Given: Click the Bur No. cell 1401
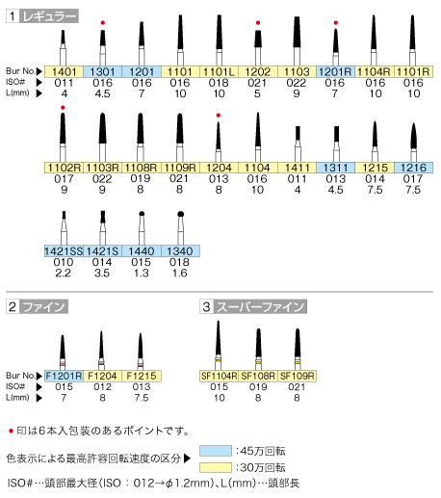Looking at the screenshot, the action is pos(64,71).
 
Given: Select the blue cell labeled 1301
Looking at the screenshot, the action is pos(103,71).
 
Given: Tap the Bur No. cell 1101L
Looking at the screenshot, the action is pos(219,71).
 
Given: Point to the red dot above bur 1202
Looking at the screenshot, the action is pos(258,23).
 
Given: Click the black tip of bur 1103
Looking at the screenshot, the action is pos(297,32).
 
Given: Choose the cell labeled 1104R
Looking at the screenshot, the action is pos(375,71).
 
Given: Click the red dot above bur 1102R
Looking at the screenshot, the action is pos(63,108).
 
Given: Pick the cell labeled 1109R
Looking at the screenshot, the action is pos(180,168).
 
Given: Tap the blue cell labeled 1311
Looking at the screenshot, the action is pos(335,168).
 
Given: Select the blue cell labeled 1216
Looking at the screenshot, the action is pos(413,168).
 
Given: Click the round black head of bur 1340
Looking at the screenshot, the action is pos(180,214).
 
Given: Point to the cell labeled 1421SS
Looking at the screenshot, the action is pos(64,251).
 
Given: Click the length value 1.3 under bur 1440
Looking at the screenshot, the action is pos(142,274).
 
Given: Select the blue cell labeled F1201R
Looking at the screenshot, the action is pos(64,376).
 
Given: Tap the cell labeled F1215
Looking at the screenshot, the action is pos(142,376).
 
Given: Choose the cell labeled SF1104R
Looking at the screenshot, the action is pos(219,376).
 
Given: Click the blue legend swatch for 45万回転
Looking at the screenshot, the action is pos(216,451).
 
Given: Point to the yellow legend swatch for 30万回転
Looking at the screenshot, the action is pos(216,467).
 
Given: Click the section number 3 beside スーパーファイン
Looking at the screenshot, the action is pos(206,306).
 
